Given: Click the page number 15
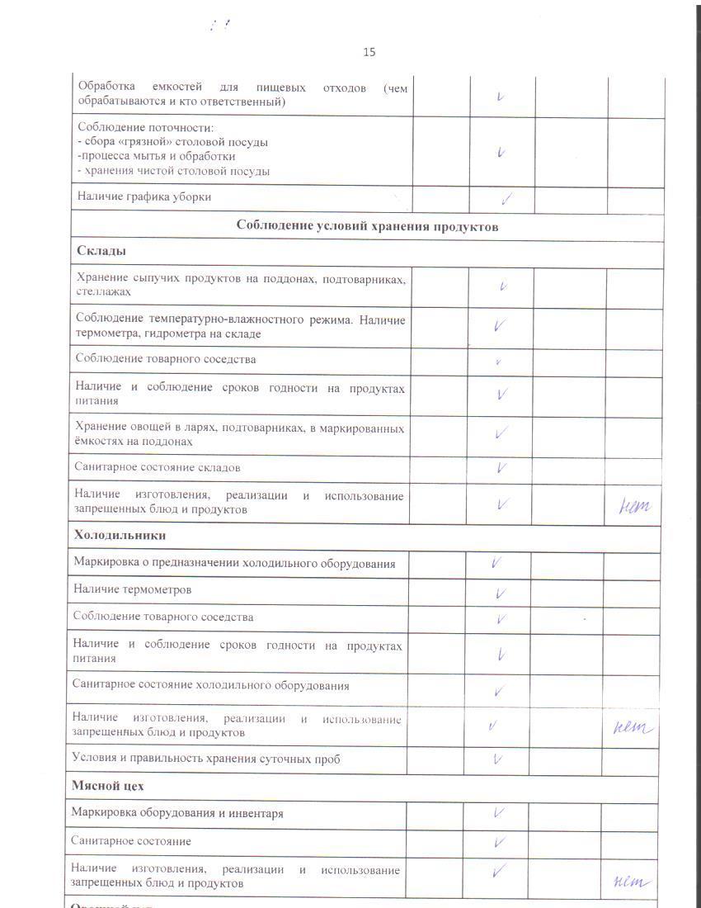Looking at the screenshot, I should pyautogui.click(x=369, y=52).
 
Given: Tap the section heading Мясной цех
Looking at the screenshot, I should pyautogui.click(x=108, y=786).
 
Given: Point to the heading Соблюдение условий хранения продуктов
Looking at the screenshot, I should pyautogui.click(x=367, y=225).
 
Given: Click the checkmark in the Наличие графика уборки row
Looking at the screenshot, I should pyautogui.click(x=507, y=198).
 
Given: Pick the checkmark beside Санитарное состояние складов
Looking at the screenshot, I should pyautogui.click(x=501, y=468).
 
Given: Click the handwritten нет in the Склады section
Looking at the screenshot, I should pyautogui.click(x=634, y=506).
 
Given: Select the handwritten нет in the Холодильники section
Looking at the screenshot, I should pyautogui.click(x=633, y=728).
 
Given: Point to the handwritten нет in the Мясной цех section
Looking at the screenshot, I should pyautogui.click(x=633, y=882).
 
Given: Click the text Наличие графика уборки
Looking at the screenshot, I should pyautogui.click(x=144, y=196).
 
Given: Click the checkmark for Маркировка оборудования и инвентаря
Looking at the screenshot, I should pyautogui.click(x=499, y=813).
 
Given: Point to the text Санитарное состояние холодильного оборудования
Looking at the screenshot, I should pyautogui.click(x=210, y=685).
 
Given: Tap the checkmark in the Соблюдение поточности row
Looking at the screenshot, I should pyautogui.click(x=501, y=153).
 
